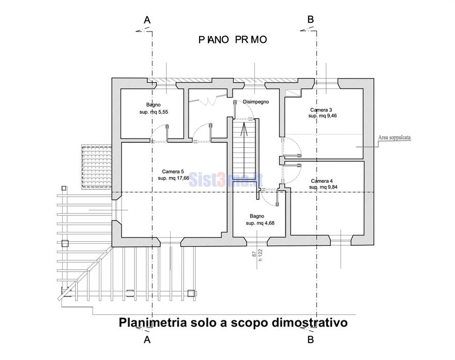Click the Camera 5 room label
(172, 171)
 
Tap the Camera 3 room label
(321, 110)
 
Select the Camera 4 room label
(322, 181)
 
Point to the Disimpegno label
(256, 102)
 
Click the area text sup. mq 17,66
(174, 178)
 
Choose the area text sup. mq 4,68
(257, 223)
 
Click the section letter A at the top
(147, 20)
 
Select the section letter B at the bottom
(310, 340)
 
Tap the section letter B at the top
(310, 20)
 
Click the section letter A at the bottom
(147, 340)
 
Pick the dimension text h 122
(261, 254)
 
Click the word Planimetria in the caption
(152, 323)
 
